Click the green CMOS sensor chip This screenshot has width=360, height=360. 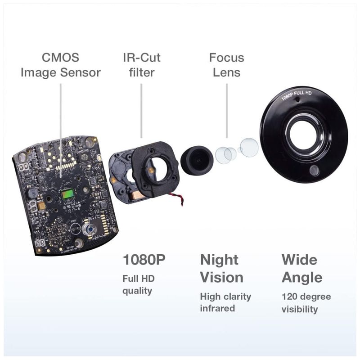point(68,194)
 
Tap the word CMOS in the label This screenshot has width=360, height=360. point(60,58)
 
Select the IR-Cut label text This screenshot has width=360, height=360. point(142,58)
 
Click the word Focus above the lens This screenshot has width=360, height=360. point(227,58)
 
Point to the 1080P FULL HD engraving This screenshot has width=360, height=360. point(297,95)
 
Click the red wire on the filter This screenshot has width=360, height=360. point(176,198)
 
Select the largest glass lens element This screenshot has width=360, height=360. point(249,147)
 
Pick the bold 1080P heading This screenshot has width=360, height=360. point(144,260)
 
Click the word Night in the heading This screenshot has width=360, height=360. point(219,260)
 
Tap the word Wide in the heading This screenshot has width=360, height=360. point(299,260)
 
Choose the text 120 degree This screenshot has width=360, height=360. point(306,297)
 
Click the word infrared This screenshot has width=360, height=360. point(217,308)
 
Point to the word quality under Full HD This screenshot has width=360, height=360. point(137,291)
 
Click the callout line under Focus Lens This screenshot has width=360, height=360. point(227,111)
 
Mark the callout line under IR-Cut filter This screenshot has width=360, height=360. point(141,111)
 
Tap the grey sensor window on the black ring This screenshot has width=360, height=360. point(314,171)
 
